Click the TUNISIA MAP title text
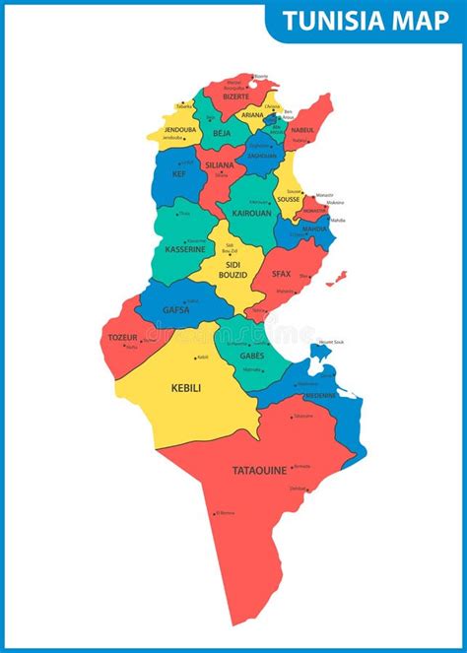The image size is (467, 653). [366, 21]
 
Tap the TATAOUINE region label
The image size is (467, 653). [259, 470]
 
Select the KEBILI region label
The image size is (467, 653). [186, 388]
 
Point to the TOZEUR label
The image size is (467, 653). [122, 338]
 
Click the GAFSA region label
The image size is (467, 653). [175, 308]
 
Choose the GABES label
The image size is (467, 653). [252, 355]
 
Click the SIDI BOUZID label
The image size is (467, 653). [233, 270]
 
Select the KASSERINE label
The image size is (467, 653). [185, 249]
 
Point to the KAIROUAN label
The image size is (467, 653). [251, 212]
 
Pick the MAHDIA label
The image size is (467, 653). [314, 229]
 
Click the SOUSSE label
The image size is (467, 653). [289, 199]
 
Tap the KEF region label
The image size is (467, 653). [178, 174]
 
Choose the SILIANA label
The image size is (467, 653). [220, 164]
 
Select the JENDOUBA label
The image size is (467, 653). [180, 129]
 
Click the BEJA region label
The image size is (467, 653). [222, 133]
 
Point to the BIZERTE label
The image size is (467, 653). [236, 97]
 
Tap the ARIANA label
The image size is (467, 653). [252, 115]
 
